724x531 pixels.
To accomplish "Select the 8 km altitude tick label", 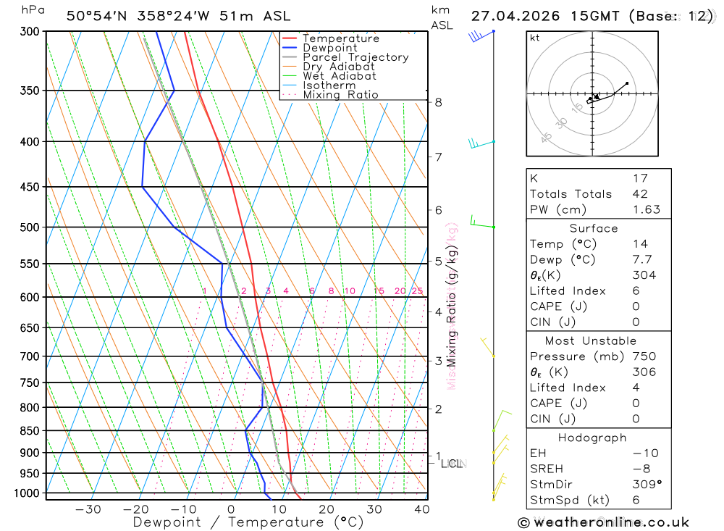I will (439, 102).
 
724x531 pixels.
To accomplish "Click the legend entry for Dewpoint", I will (329, 48).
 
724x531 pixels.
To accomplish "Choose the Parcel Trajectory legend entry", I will (355, 57).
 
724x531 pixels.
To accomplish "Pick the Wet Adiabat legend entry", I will (340, 76).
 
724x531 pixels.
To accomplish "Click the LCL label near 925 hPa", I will (453, 463).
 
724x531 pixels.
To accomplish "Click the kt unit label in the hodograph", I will (535, 38).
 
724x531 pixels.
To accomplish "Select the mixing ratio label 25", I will (417, 291).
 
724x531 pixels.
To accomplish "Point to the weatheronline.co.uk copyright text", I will (603, 522).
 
